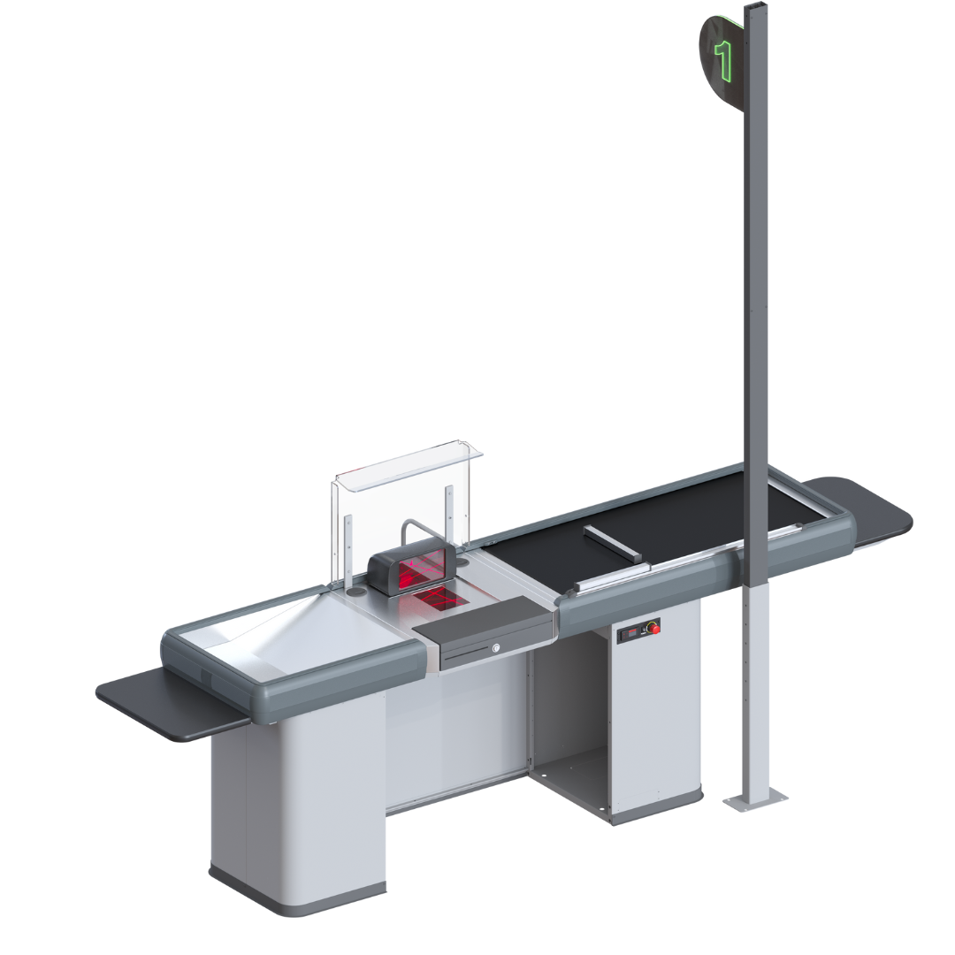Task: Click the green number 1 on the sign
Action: click(x=723, y=61)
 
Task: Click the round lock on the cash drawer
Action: click(x=496, y=647)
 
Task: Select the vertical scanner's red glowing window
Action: click(x=420, y=569)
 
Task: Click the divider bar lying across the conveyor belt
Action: click(x=612, y=543)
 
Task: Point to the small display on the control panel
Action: click(x=631, y=633)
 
